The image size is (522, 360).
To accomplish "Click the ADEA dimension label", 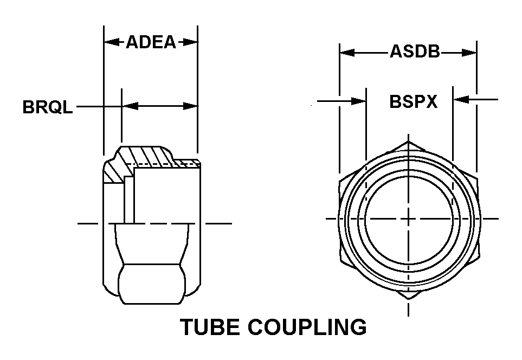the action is [x=151, y=42].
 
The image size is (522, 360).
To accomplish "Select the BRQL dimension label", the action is [x=47, y=107].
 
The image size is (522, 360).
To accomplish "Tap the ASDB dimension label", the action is [x=415, y=52].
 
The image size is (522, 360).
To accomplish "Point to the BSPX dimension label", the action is [x=413, y=101].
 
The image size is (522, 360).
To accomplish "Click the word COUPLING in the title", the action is [x=307, y=327].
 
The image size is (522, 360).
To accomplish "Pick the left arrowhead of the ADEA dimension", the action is [x=112, y=42].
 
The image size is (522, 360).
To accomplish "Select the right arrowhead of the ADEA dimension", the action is [x=190, y=42].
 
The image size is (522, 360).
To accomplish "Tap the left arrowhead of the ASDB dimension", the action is [x=347, y=53].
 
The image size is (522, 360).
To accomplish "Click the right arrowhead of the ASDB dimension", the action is [x=469, y=53].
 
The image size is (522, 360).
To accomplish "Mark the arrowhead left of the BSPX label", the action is [x=358, y=101].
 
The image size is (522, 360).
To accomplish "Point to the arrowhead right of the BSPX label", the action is [x=461, y=99].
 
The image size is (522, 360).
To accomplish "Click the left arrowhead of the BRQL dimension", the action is [x=130, y=106].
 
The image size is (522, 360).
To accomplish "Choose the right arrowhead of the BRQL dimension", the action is [x=190, y=106].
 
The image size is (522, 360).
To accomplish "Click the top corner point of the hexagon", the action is [x=409, y=141].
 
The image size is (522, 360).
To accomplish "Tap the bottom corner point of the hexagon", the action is [x=409, y=299].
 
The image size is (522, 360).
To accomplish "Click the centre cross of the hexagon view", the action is [x=409, y=219].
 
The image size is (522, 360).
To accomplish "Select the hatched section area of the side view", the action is [x=143, y=160].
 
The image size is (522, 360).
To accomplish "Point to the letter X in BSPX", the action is [x=431, y=101].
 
